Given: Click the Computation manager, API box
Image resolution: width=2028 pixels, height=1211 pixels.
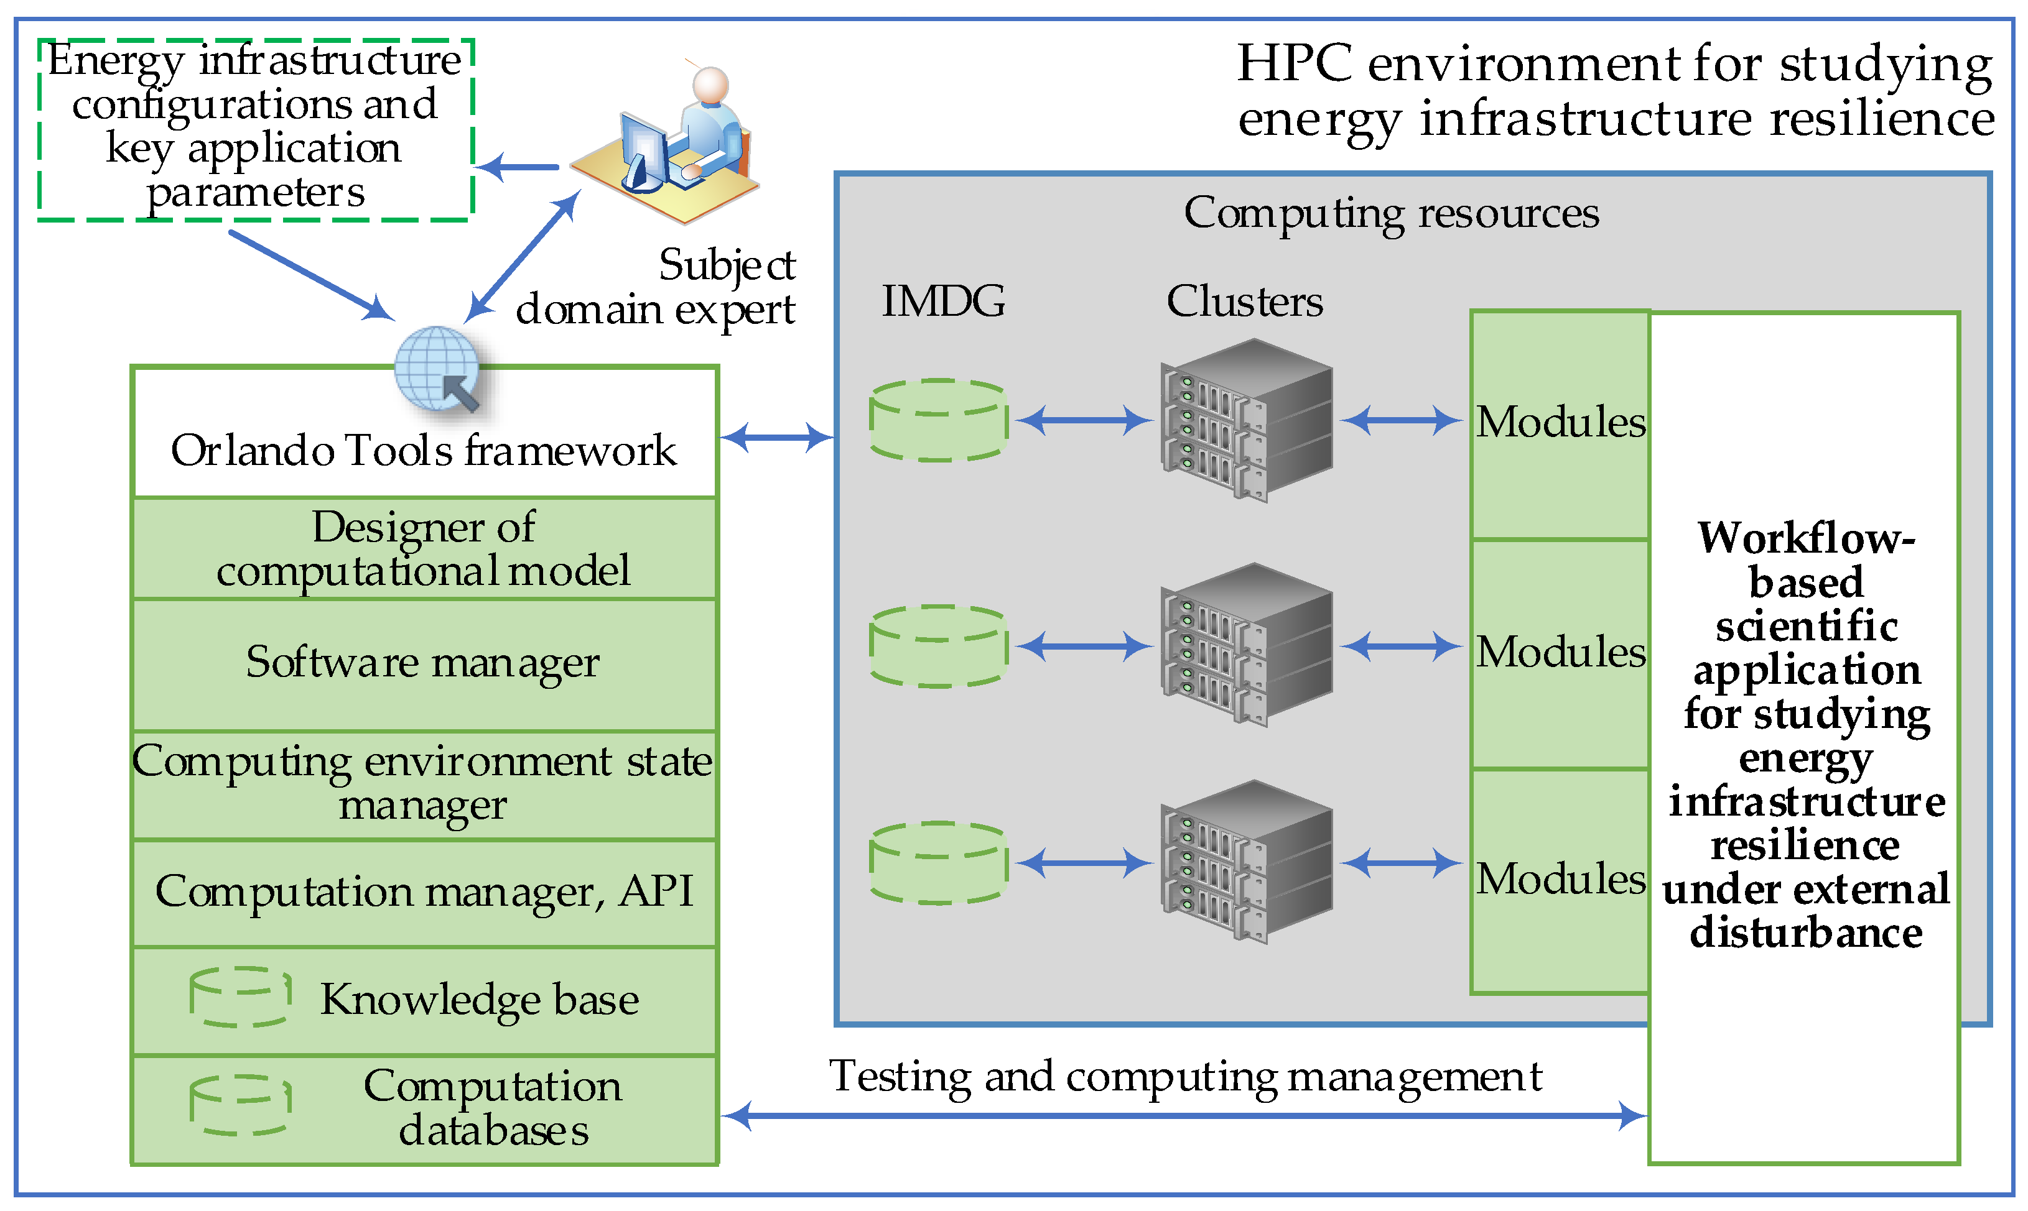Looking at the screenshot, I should point(424,893).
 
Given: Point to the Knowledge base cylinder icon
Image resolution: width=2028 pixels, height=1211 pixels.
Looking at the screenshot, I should point(240,997).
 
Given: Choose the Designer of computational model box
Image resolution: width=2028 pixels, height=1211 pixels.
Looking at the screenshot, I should point(424,548).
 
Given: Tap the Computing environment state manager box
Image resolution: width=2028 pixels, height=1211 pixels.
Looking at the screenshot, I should point(424,783).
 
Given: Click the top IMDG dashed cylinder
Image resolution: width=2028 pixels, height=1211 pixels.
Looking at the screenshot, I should point(938,420).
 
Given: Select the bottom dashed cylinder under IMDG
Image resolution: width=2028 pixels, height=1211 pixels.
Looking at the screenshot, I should point(938,862).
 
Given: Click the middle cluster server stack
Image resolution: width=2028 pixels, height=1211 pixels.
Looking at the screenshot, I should point(1247,645).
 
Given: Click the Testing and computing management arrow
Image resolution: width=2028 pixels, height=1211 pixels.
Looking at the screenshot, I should point(1184,1115).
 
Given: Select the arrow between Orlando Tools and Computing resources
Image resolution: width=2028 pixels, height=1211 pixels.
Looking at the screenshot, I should point(776,438).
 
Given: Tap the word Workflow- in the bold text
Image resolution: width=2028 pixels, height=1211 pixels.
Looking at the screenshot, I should point(1805,538).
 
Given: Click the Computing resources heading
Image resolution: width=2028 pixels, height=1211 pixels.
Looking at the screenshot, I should point(1390,214).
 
